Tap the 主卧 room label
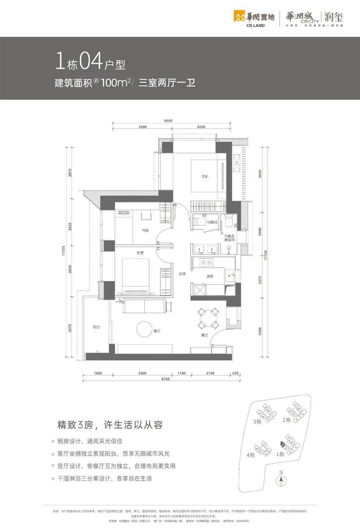point(205,176)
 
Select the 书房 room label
point(145,231)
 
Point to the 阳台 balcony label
point(96,327)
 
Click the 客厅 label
point(157,331)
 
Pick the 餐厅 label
point(204,335)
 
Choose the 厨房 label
point(210,276)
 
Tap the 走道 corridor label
point(182,274)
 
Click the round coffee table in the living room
point(145,329)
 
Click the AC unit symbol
point(237,163)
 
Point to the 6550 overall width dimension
point(168,121)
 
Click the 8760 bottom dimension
point(165,379)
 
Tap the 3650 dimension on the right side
point(260,174)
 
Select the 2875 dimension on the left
point(70,173)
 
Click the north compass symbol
point(281,480)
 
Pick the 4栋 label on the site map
point(251,455)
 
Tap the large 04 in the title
point(91,61)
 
